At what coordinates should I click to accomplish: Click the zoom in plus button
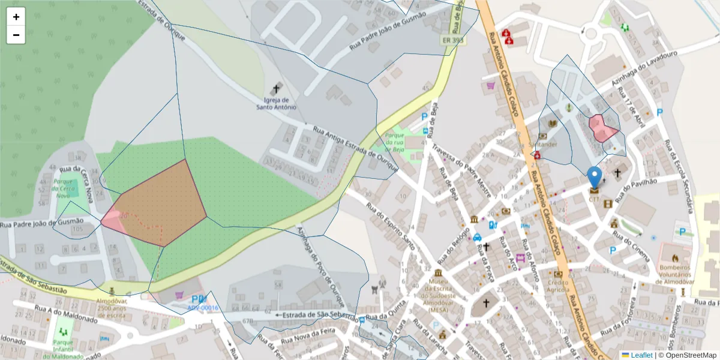pyautogui.click(x=16, y=17)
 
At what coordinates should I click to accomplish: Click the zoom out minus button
pyautogui.click(x=16, y=35)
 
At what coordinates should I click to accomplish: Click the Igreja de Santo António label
pyautogui.click(x=277, y=103)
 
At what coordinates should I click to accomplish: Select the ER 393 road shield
pyautogui.click(x=453, y=41)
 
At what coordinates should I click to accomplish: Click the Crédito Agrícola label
pyautogui.click(x=557, y=286)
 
